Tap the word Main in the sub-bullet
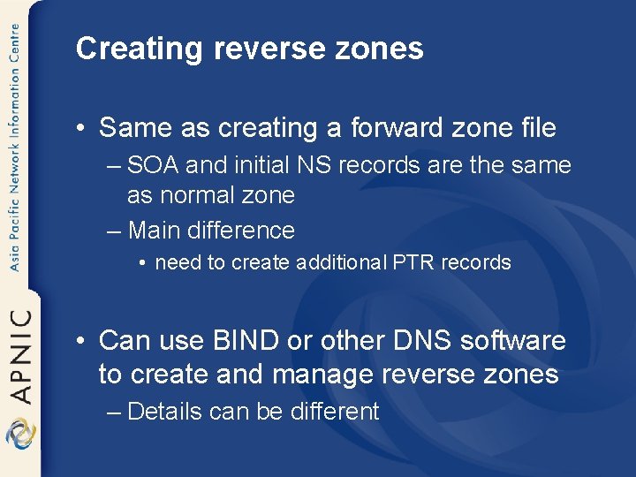pos(154,231)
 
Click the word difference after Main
pos(241,231)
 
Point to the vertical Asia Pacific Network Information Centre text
pos(14,146)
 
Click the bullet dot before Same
pos(81,129)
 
